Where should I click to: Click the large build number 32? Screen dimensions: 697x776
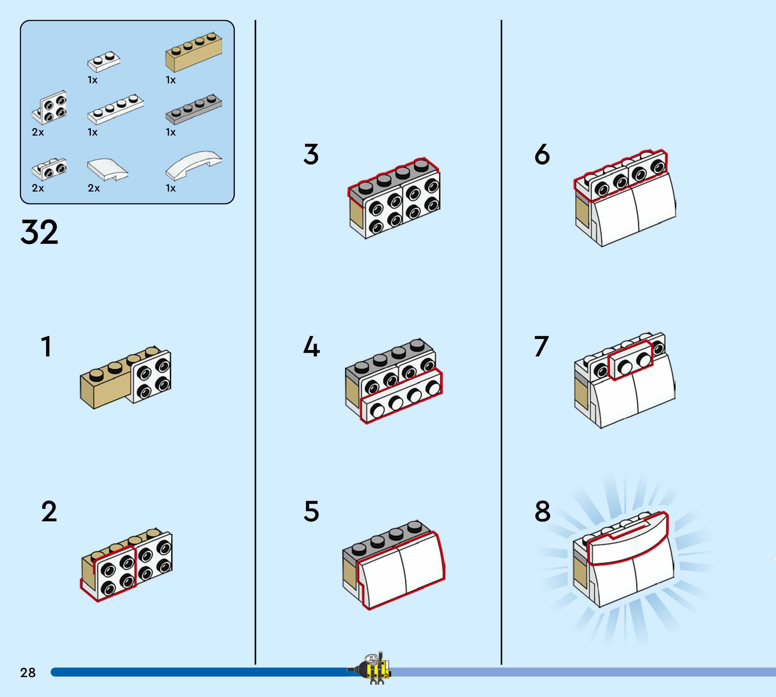tap(39, 232)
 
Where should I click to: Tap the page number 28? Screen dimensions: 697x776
tap(28, 672)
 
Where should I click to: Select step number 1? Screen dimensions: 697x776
tap(46, 347)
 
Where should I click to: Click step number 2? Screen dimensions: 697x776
tap(49, 512)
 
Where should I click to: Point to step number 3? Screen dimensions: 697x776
tap(311, 154)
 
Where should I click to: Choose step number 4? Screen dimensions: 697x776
tap(311, 347)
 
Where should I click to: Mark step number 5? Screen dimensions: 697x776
tap(311, 512)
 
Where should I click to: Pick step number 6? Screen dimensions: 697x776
tap(542, 154)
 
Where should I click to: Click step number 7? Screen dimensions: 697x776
tap(541, 347)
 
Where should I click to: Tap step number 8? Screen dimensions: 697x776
tap(542, 512)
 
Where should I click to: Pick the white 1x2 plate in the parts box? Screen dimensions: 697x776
tap(103, 62)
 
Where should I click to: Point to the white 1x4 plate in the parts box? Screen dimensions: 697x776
tap(115, 109)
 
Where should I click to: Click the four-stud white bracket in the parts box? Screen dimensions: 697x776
tap(50, 108)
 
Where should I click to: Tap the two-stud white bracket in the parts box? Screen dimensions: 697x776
tap(49, 169)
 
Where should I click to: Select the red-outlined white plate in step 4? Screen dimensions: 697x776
tap(401, 398)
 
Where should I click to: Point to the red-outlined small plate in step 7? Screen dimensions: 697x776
tap(630, 360)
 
